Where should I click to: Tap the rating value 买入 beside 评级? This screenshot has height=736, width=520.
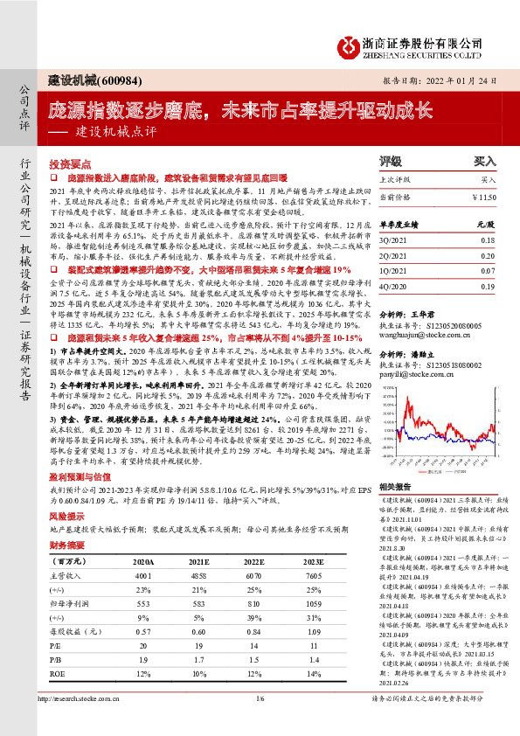[x=484, y=163]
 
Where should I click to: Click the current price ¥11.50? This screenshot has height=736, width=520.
[x=484, y=198]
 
